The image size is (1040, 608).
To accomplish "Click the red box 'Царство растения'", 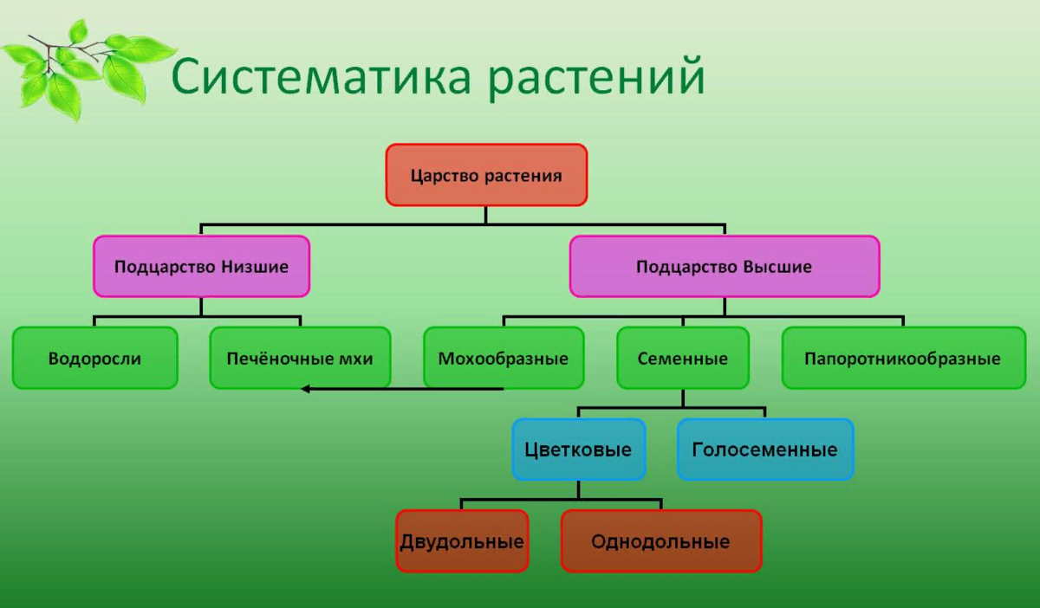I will point(486,175).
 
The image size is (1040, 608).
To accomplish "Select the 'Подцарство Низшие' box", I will point(201,267).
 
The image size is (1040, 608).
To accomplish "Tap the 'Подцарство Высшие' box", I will point(724,267).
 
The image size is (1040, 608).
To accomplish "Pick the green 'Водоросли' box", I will point(94,358).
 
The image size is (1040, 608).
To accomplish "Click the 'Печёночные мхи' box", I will point(300,358).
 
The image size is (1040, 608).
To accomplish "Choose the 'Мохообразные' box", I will point(503,358).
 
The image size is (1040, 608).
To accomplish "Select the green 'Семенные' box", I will point(682,358).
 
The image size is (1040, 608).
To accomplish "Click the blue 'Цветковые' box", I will point(578,450).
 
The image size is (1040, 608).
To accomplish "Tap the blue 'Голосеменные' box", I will point(764,450).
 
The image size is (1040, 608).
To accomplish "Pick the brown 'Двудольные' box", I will point(462,541).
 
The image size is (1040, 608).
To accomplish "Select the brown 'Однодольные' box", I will point(660,541).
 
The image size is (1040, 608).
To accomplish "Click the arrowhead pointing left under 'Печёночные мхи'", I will point(306,389).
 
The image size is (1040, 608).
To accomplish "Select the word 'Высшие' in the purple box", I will point(777,267).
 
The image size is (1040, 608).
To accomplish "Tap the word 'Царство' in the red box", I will point(442,175).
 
